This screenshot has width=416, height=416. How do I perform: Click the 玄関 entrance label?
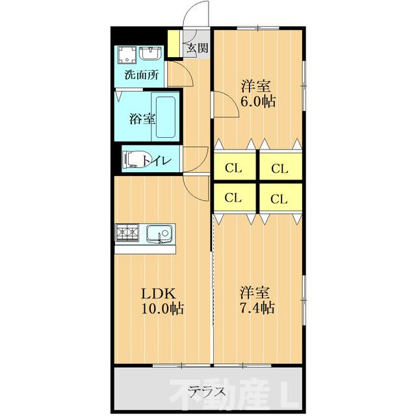(198, 47)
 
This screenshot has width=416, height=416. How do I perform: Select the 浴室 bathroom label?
(142, 119)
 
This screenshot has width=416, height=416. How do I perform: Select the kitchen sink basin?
(158, 233)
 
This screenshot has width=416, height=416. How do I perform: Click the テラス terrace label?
(208, 391)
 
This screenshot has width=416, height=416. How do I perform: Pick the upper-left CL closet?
(234, 168)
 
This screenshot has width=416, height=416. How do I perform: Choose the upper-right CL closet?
(279, 168)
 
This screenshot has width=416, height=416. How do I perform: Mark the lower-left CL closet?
(234, 198)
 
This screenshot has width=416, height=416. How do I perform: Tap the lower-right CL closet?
(279, 198)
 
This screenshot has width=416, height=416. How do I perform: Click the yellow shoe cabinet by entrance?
(174, 44)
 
